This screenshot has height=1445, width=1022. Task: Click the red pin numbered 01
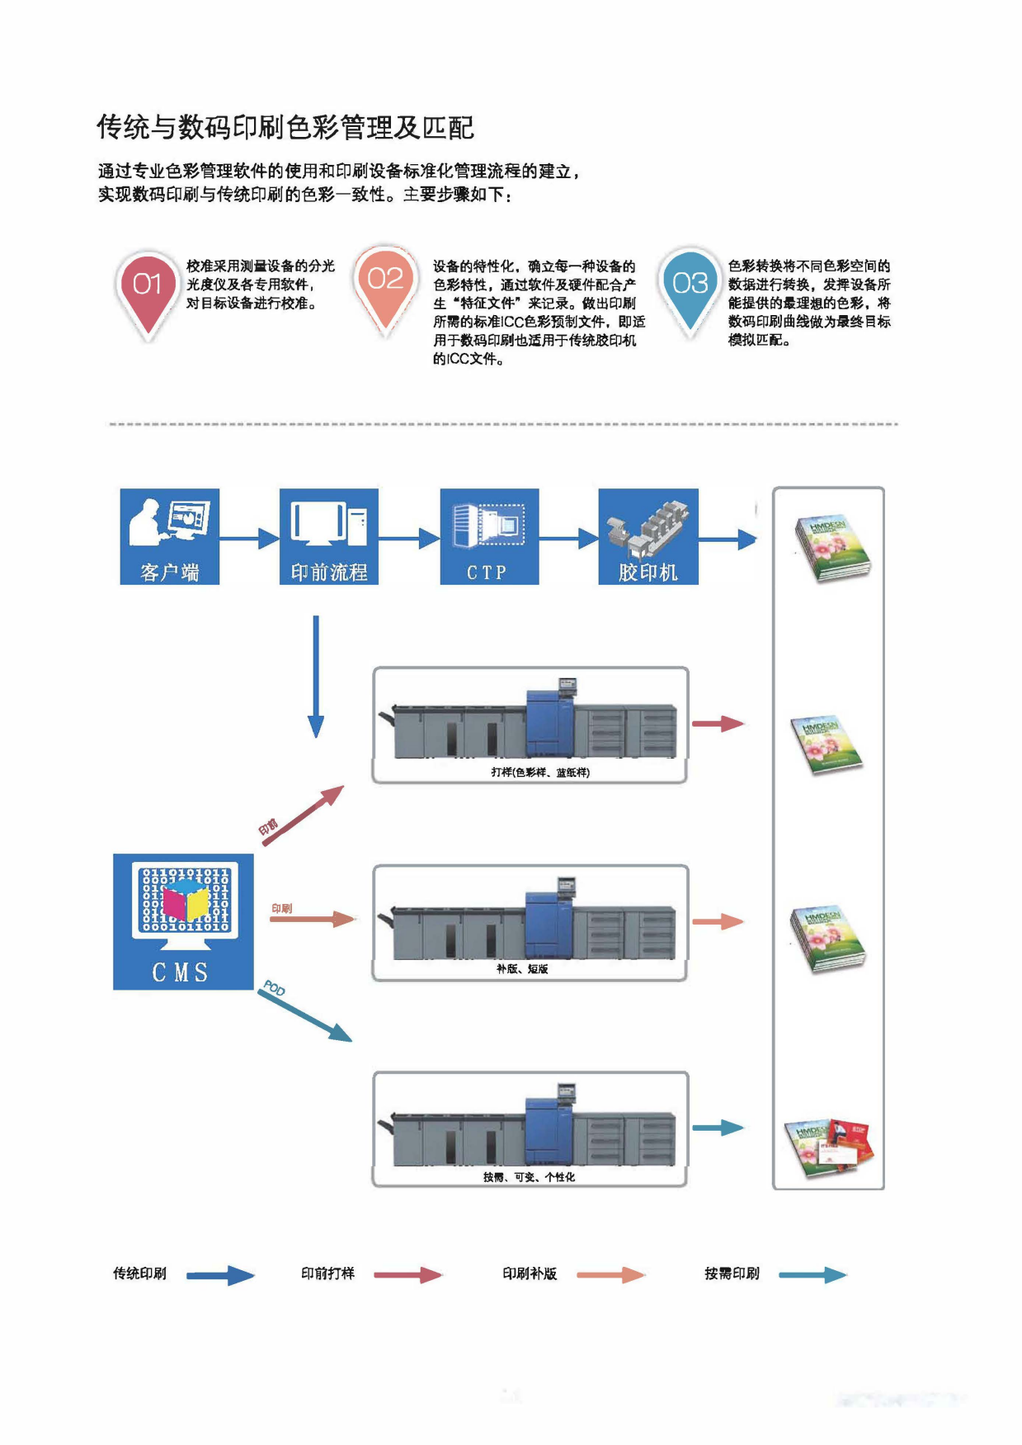pyautogui.click(x=148, y=288)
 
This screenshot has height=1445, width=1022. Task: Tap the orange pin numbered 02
pyautogui.click(x=385, y=282)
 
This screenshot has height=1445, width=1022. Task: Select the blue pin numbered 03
pyautogui.click(x=690, y=285)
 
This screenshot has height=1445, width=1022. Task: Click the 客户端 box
pyautogui.click(x=170, y=537)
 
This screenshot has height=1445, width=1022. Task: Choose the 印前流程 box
pyautogui.click(x=329, y=537)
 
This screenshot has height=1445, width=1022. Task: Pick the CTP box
pyautogui.click(x=489, y=537)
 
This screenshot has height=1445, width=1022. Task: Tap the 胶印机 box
pyautogui.click(x=648, y=537)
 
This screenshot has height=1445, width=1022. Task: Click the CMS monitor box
pyautogui.click(x=183, y=921)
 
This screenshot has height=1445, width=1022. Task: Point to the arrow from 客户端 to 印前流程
pyautogui.click(x=249, y=539)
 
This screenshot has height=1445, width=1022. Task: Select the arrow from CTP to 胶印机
pyautogui.click(x=568, y=539)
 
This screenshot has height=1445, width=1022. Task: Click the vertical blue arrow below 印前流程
pyautogui.click(x=315, y=676)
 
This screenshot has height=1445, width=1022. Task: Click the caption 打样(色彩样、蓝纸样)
pyautogui.click(x=540, y=772)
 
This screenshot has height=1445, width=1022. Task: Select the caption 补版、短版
pyautogui.click(x=522, y=969)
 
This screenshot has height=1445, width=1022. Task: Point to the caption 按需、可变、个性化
pyautogui.click(x=529, y=1177)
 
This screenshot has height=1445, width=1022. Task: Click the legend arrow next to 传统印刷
pyautogui.click(x=220, y=1275)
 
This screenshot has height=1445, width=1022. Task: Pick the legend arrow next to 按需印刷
pyautogui.click(x=812, y=1275)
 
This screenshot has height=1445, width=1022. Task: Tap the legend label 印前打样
pyautogui.click(x=327, y=1273)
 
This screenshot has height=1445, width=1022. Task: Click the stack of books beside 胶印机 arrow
pyautogui.click(x=831, y=548)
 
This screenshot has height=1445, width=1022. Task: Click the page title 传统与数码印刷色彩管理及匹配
pyautogui.click(x=285, y=128)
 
